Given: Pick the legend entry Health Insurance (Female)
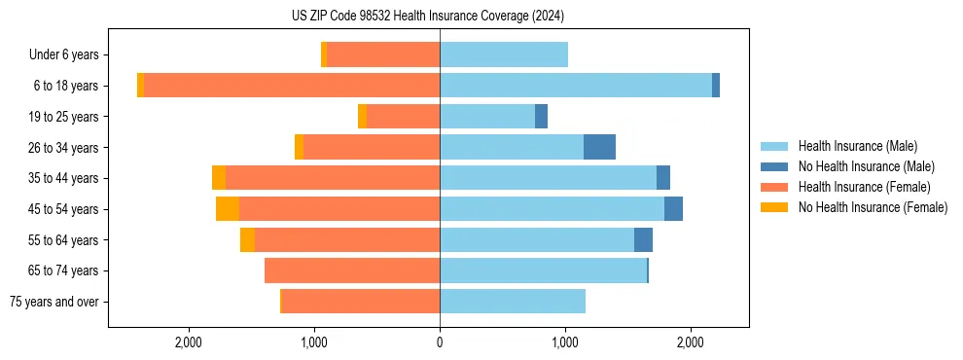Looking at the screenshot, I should (x=864, y=187).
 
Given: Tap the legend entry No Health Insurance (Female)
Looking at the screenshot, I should (x=873, y=207).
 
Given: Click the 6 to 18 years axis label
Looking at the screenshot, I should (x=66, y=86).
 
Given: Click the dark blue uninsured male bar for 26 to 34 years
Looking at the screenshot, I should (x=599, y=147).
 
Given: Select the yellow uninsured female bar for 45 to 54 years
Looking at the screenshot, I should (x=228, y=209).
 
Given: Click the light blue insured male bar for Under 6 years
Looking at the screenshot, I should (x=504, y=54).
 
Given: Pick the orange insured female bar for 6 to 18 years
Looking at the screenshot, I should (x=292, y=86).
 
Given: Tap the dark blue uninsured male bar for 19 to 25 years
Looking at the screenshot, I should (x=542, y=117).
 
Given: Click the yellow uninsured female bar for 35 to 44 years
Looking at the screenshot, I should (x=219, y=178).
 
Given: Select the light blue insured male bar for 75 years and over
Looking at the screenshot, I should (x=513, y=302).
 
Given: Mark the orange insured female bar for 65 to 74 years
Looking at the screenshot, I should (x=352, y=270).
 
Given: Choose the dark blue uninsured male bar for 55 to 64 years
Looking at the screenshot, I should (x=643, y=239).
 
